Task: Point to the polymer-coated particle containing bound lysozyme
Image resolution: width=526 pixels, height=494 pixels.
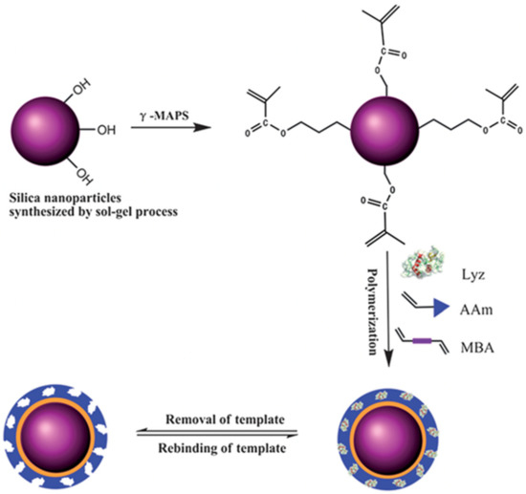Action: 384,435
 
